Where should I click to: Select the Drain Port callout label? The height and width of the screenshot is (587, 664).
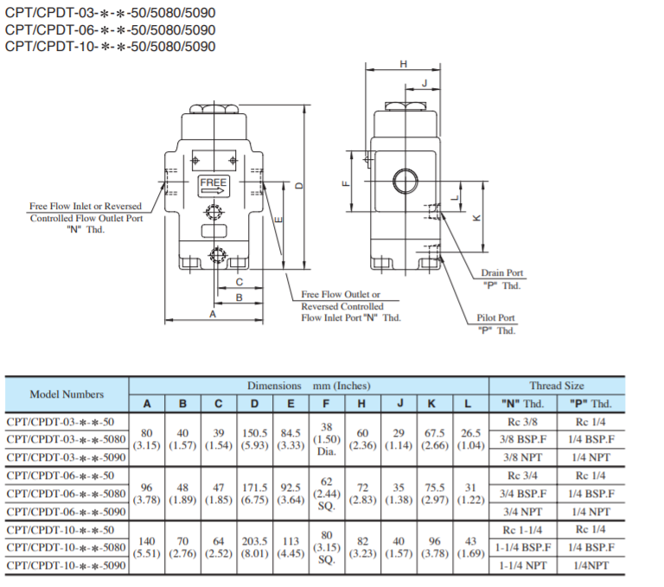(x=501, y=279)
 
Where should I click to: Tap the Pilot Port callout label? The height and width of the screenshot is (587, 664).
(x=496, y=323)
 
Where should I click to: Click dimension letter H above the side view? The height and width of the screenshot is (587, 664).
(x=404, y=66)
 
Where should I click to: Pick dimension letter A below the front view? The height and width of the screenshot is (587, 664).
(x=213, y=316)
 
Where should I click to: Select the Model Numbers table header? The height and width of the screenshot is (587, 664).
(x=67, y=394)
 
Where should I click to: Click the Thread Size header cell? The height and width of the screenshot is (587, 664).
(x=556, y=386)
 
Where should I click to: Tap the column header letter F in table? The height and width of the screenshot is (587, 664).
(x=326, y=404)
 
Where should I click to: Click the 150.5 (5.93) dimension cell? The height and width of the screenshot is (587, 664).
(x=254, y=439)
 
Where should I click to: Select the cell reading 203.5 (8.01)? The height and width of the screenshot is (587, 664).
(x=254, y=547)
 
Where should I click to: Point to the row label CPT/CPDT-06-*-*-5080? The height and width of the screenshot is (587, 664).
(x=67, y=494)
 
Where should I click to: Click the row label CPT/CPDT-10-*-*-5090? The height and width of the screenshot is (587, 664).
(x=67, y=565)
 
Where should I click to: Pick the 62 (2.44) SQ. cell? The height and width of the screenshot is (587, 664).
(x=326, y=494)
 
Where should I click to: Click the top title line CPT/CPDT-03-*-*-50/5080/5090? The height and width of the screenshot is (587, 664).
(x=110, y=13)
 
